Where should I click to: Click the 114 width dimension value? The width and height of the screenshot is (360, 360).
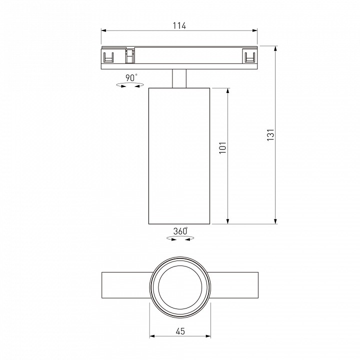[x=179, y=26]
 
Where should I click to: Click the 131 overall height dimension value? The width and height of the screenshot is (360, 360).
[x=269, y=135]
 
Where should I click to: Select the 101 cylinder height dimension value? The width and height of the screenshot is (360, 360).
[x=222, y=148]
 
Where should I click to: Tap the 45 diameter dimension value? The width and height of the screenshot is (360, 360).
[x=180, y=331]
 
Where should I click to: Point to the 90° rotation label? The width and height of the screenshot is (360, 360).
[x=131, y=77]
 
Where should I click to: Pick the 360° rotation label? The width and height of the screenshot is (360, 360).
[x=180, y=231]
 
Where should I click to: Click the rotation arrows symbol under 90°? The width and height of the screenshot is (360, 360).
[x=128, y=86]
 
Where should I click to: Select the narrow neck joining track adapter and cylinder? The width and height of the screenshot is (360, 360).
[x=179, y=78]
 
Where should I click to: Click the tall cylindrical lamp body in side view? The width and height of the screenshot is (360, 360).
[x=179, y=155]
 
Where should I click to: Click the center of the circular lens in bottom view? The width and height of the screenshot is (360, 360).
[x=180, y=289]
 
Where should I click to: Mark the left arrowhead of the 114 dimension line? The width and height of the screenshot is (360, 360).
[x=104, y=31]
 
